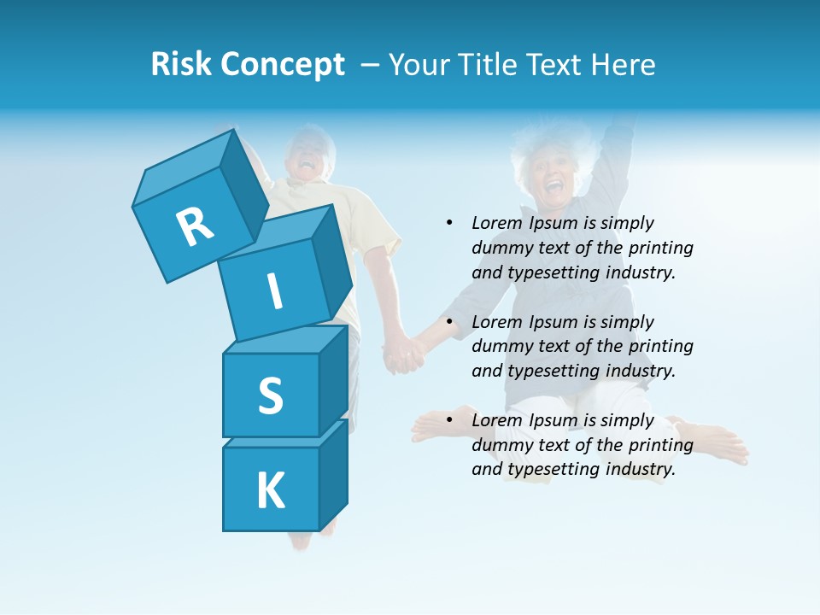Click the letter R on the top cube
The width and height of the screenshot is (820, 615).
tap(195, 225)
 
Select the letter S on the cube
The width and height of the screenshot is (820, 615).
tap(270, 395)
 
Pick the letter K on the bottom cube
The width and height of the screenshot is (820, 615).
tap(270, 490)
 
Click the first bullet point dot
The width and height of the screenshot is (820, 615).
tap(449, 223)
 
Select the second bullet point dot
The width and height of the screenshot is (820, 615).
tap(449, 322)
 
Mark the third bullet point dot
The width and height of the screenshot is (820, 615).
tap(449, 420)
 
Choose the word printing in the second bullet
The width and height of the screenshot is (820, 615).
tap(660, 346)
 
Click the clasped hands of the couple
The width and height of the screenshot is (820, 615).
tap(402, 352)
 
